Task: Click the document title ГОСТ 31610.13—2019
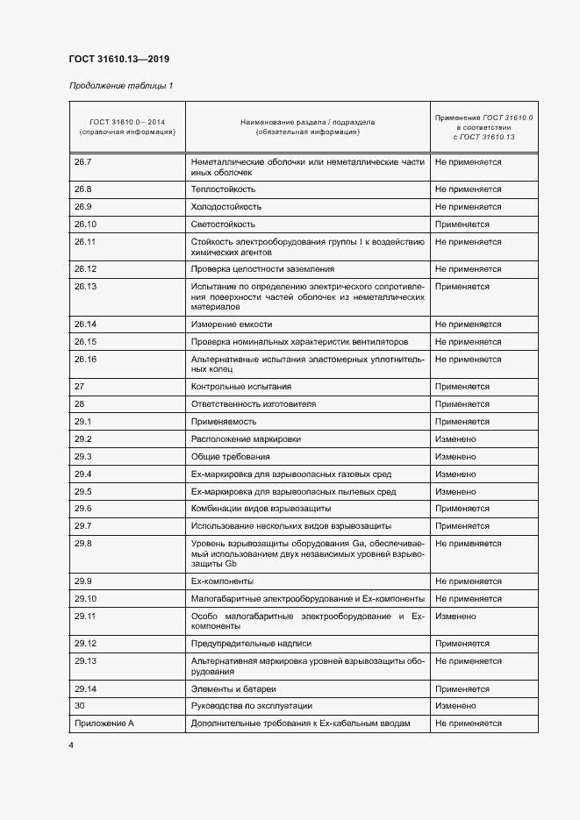pyautogui.click(x=118, y=60)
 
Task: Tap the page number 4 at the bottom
pyautogui.click(x=71, y=745)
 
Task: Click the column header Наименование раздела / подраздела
pyautogui.click(x=307, y=123)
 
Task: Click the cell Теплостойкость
pyautogui.click(x=223, y=189)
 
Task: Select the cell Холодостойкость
pyautogui.click(x=226, y=206)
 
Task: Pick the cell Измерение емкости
pyautogui.click(x=232, y=324)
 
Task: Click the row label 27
pyautogui.click(x=79, y=386)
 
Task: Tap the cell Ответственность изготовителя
pyautogui.click(x=253, y=403)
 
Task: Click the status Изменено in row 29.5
pyautogui.click(x=455, y=491)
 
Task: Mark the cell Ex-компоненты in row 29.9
pyautogui.click(x=222, y=581)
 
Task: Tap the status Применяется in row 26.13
pyautogui.click(x=462, y=286)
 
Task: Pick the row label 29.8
pyautogui.click(x=83, y=544)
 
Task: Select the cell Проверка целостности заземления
pyautogui.click(x=262, y=268)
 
